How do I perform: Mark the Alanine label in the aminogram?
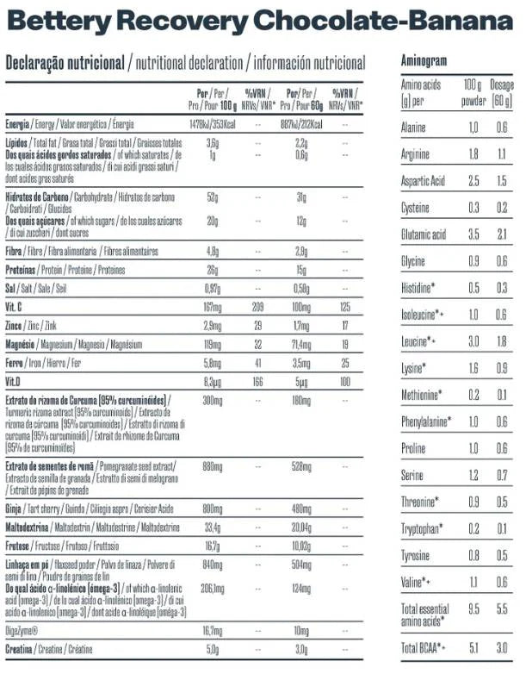(416, 128)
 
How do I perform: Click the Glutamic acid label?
(424, 234)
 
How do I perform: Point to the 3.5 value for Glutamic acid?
(472, 234)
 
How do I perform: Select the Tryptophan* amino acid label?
(423, 528)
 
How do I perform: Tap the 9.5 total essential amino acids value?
(472, 608)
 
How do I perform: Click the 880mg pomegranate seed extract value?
(212, 465)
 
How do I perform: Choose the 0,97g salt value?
(213, 288)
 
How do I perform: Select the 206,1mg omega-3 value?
(212, 588)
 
